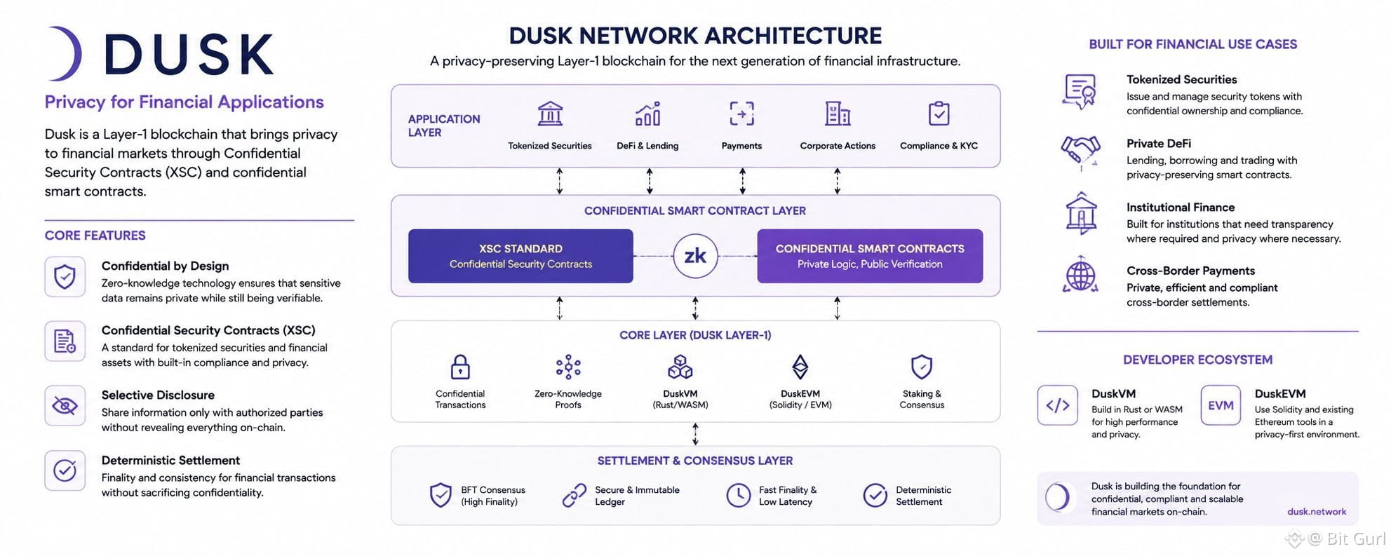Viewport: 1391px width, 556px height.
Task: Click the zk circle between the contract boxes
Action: coord(695,256)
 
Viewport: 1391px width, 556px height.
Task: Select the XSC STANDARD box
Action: coord(520,256)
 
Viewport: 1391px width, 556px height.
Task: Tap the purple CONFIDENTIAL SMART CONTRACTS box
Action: coord(870,256)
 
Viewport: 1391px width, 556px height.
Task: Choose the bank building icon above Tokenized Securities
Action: coord(550,113)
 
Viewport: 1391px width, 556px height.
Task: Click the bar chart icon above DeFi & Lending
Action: coord(647,113)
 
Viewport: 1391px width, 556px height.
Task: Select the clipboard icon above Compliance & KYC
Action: coord(939,113)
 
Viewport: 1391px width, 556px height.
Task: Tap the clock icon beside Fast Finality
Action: coord(738,495)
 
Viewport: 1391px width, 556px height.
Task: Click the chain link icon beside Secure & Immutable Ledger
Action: coord(574,495)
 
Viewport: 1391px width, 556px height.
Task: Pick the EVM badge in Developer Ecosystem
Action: coord(1221,405)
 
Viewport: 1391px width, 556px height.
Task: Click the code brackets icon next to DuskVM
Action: coord(1057,405)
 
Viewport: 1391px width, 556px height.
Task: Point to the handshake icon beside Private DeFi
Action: coord(1080,150)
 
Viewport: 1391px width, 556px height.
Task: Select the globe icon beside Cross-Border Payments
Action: coord(1080,275)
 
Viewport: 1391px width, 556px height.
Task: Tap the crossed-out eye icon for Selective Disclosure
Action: coord(65,406)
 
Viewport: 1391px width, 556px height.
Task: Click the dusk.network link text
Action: coord(1317,512)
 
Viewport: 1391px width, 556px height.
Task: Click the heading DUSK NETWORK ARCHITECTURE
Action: coord(695,36)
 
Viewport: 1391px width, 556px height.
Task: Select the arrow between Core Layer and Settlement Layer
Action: coord(695,434)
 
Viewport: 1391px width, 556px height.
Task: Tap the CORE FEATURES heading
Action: coord(95,236)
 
